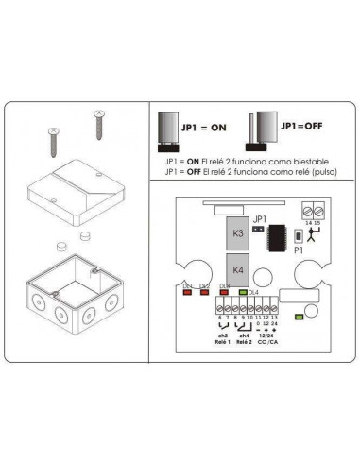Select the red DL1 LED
[x=189, y=292]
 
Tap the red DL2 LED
[x=206, y=292]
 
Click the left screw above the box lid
[x=54, y=143]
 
